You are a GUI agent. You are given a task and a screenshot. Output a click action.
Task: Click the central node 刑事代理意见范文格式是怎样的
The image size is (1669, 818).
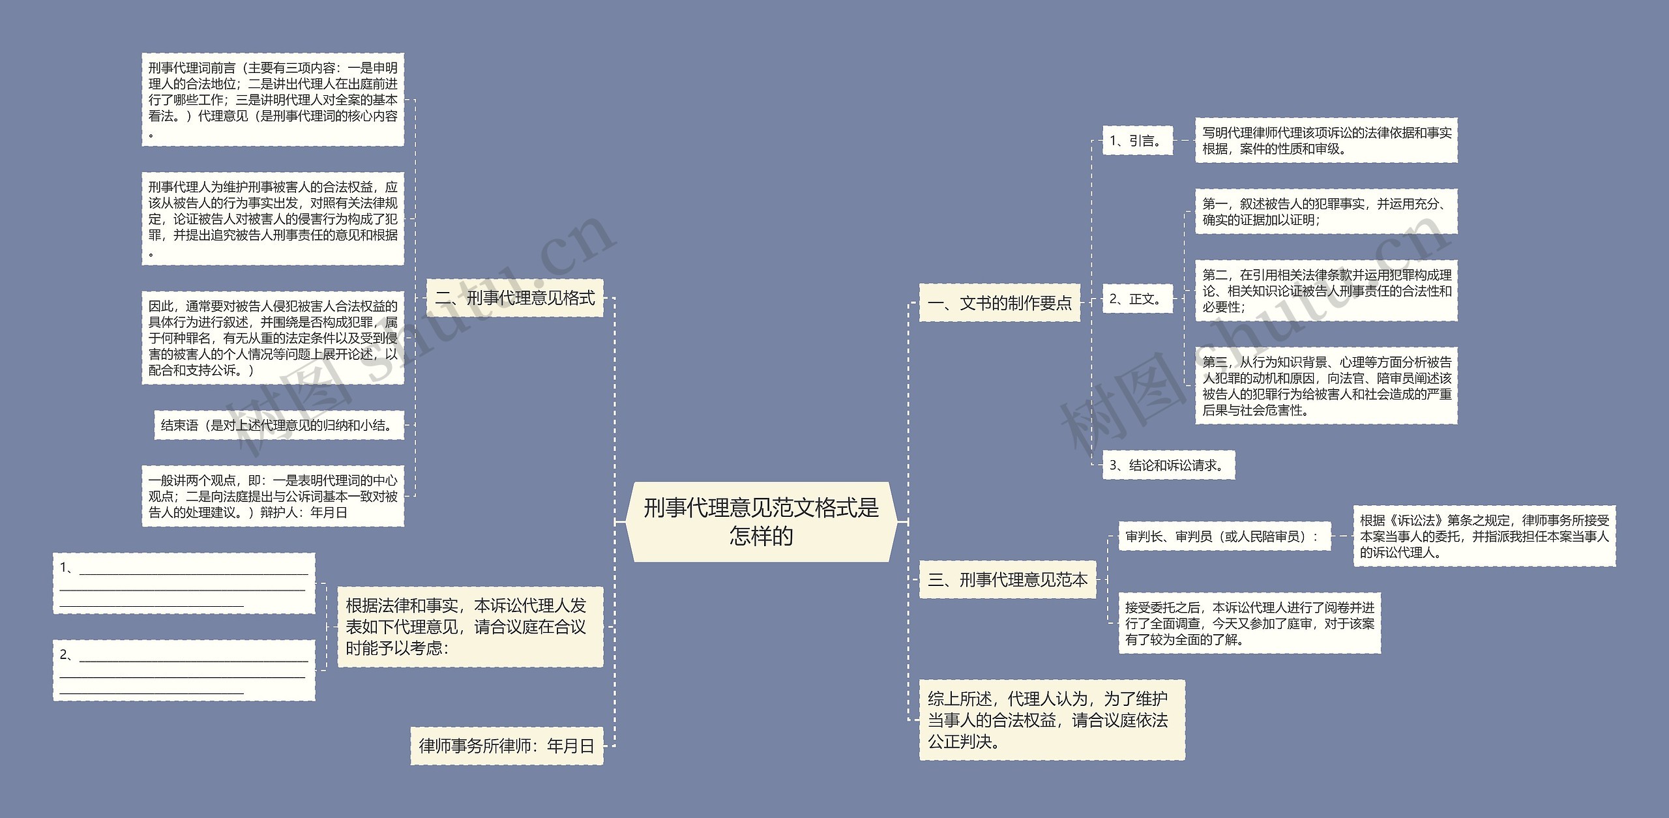[x=761, y=521]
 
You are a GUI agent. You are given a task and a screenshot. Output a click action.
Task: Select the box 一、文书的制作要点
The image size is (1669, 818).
[x=999, y=303]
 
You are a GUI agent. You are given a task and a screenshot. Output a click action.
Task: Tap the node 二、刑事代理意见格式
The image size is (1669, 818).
[x=514, y=299]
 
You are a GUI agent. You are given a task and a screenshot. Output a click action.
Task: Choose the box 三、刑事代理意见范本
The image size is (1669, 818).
[x=1007, y=579]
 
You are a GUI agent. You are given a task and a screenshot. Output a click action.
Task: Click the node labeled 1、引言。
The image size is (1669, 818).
[x=1137, y=141]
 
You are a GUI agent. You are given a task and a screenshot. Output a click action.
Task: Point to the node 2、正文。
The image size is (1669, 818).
[x=1137, y=299]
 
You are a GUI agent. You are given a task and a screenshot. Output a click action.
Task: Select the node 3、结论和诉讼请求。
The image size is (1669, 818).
[x=1168, y=465]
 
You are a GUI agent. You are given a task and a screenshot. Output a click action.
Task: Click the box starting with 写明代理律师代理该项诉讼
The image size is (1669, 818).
[x=1326, y=141]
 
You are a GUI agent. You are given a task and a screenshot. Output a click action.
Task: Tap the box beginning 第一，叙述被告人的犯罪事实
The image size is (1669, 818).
[x=1326, y=212]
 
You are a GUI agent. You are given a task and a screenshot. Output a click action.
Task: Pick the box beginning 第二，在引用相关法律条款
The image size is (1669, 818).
[x=1326, y=291]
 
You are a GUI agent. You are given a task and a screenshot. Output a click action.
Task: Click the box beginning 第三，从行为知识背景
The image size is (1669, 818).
[x=1326, y=386]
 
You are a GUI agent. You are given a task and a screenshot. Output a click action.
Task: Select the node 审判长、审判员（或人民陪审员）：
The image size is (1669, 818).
[x=1224, y=536]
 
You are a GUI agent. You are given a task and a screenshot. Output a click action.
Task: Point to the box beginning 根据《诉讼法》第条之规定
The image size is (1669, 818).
[x=1484, y=536]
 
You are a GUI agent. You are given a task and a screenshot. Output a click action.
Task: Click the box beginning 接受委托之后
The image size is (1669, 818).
[x=1249, y=623]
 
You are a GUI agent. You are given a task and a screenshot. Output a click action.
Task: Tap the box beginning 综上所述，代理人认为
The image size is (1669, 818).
[x=1052, y=720]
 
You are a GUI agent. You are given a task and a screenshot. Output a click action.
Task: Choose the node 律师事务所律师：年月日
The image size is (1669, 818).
[x=507, y=746]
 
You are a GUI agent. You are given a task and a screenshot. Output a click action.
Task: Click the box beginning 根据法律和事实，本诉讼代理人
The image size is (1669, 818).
[x=469, y=626]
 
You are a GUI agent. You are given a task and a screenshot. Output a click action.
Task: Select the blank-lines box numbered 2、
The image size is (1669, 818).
[x=184, y=671]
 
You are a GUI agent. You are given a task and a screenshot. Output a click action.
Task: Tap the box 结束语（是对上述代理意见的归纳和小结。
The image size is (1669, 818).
[x=278, y=426]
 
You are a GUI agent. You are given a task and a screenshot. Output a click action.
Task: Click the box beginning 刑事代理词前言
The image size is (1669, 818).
[x=273, y=100]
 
